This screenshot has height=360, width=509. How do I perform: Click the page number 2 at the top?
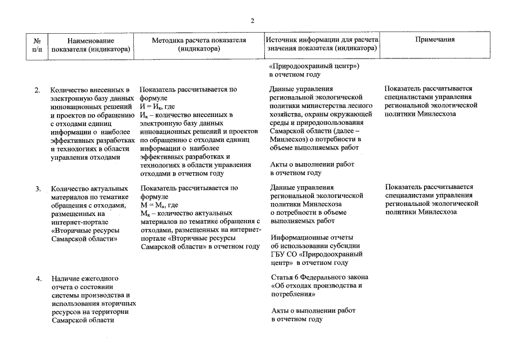tap(253, 21)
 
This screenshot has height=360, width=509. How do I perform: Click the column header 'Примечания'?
tap(435, 40)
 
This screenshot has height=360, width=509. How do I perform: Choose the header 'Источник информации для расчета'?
tap(323, 40)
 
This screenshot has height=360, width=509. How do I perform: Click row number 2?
tap(38, 89)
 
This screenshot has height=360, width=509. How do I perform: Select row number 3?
tap(38, 188)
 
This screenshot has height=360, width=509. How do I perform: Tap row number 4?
tap(38, 278)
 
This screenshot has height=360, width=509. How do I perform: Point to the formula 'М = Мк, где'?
tap(159, 205)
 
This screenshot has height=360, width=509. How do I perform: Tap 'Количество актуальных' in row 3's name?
tap(89, 188)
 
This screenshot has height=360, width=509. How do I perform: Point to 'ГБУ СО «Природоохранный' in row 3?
tap(316, 254)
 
